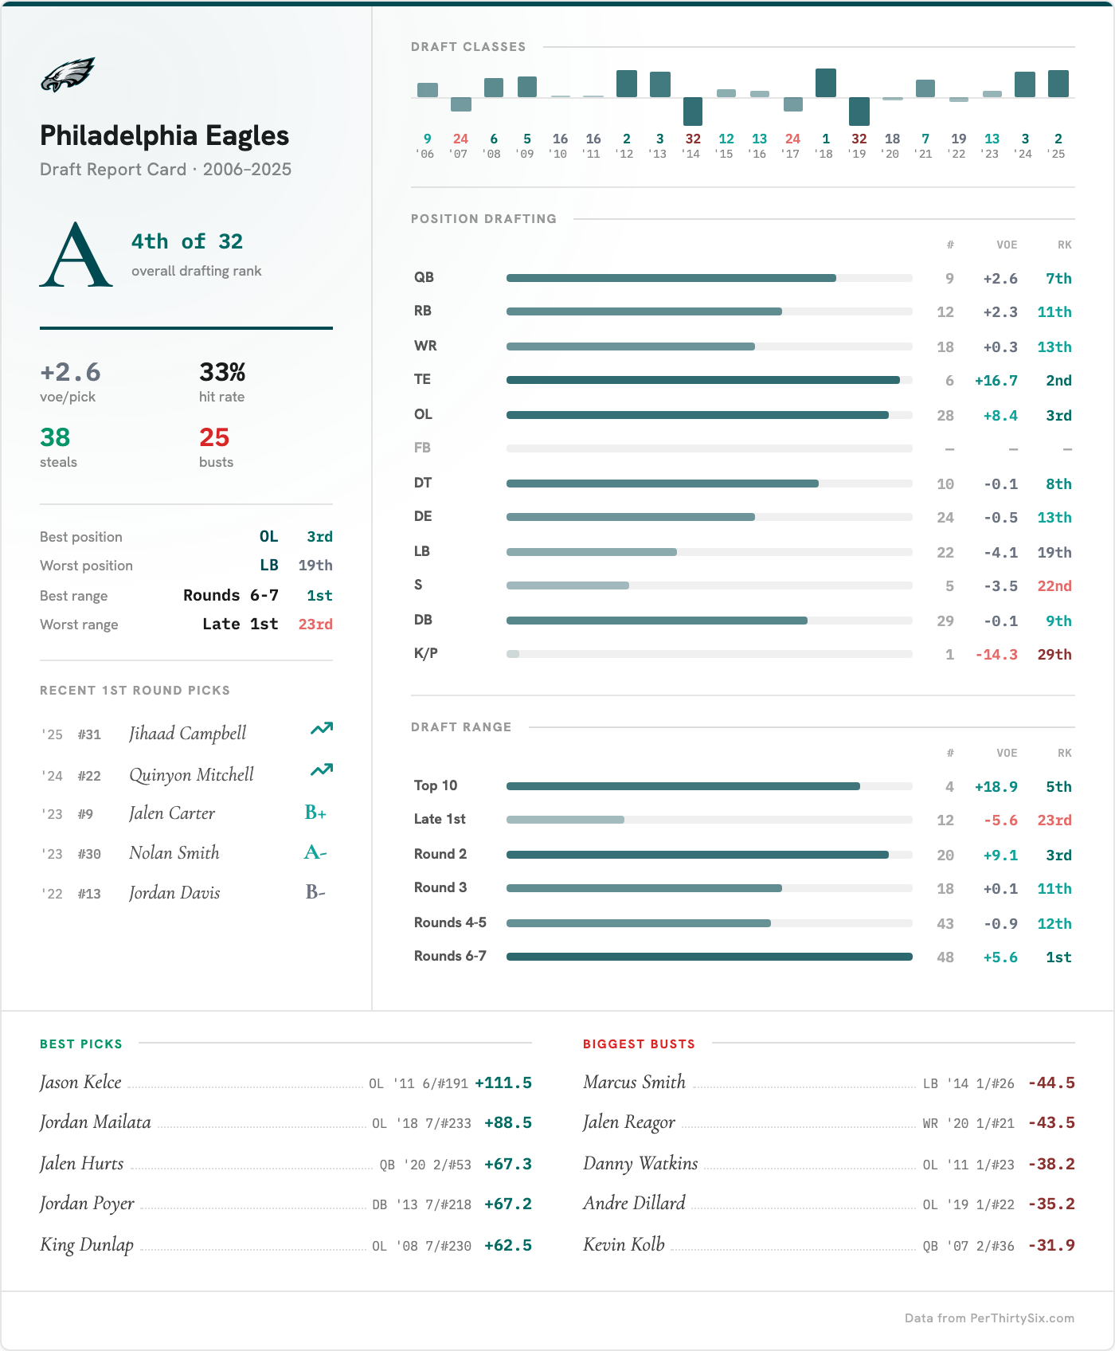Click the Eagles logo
(x=68, y=75)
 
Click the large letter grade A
(x=76, y=255)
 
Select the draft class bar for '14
(x=693, y=111)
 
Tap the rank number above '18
(x=826, y=139)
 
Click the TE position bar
(x=703, y=380)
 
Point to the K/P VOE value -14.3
(x=996, y=654)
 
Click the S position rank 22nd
(x=1054, y=585)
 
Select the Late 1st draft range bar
(x=565, y=820)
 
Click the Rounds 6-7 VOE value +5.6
(x=1000, y=957)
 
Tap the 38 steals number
(x=55, y=437)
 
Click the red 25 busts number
(x=214, y=437)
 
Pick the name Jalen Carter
(x=172, y=813)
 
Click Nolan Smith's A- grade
(x=315, y=852)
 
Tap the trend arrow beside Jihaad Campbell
(x=322, y=729)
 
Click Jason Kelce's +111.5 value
(x=503, y=1083)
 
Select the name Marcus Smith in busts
(x=634, y=1082)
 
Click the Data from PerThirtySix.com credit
(x=989, y=1318)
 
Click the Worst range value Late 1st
(x=240, y=624)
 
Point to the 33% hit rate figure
(x=222, y=372)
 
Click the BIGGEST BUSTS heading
(x=639, y=1044)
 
